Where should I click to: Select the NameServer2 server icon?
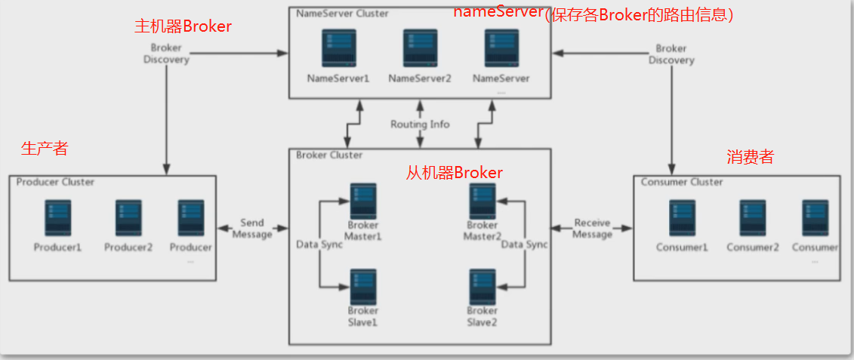(x=419, y=49)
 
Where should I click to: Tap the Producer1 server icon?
(x=57, y=218)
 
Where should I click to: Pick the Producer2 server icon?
(x=128, y=218)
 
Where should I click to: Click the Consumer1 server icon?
(x=682, y=218)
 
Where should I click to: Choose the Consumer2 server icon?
(x=753, y=218)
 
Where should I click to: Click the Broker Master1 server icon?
(x=363, y=202)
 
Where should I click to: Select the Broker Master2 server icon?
(x=482, y=202)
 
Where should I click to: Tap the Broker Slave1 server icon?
(x=363, y=287)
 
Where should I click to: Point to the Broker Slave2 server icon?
(x=482, y=287)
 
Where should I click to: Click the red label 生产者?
(x=45, y=149)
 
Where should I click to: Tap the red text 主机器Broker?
(x=183, y=26)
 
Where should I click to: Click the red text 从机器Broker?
(x=455, y=173)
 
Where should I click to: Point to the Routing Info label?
(x=420, y=124)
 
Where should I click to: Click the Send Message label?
(x=252, y=228)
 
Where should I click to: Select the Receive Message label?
(x=593, y=228)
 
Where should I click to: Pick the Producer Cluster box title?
(x=55, y=182)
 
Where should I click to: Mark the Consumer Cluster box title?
(x=682, y=182)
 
